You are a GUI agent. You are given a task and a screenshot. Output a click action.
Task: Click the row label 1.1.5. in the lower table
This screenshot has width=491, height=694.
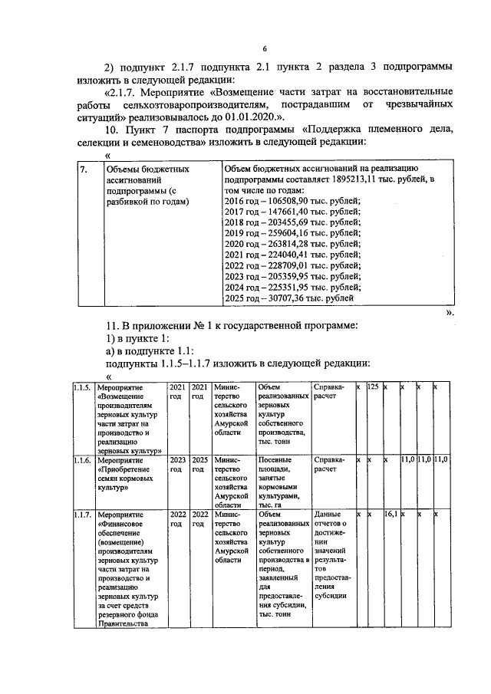(83, 387)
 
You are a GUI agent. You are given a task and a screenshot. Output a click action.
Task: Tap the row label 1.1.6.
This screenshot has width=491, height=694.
(83, 460)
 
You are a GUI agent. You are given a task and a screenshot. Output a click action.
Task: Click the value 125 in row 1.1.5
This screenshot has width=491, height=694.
(374, 387)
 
